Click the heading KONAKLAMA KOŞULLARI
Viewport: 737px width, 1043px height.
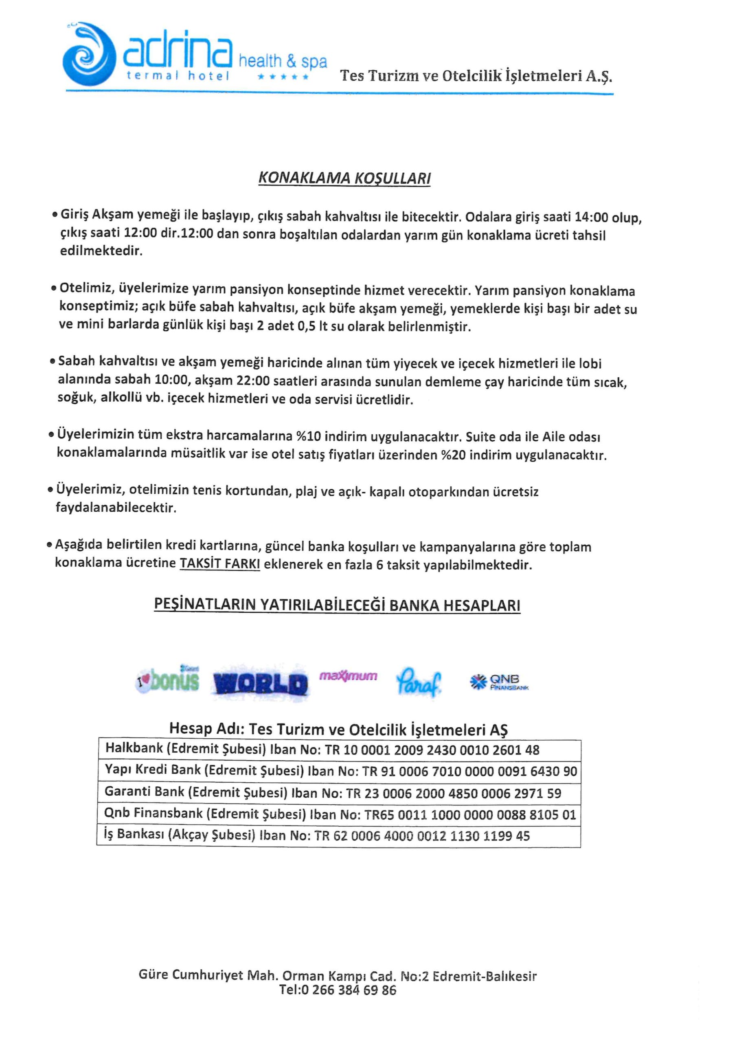click(344, 178)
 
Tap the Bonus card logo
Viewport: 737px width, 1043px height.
click(168, 681)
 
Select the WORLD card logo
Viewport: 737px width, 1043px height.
click(260, 684)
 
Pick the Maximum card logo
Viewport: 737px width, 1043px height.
click(348, 676)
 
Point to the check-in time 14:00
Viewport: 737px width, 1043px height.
click(591, 217)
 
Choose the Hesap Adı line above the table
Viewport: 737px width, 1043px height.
click(338, 729)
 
